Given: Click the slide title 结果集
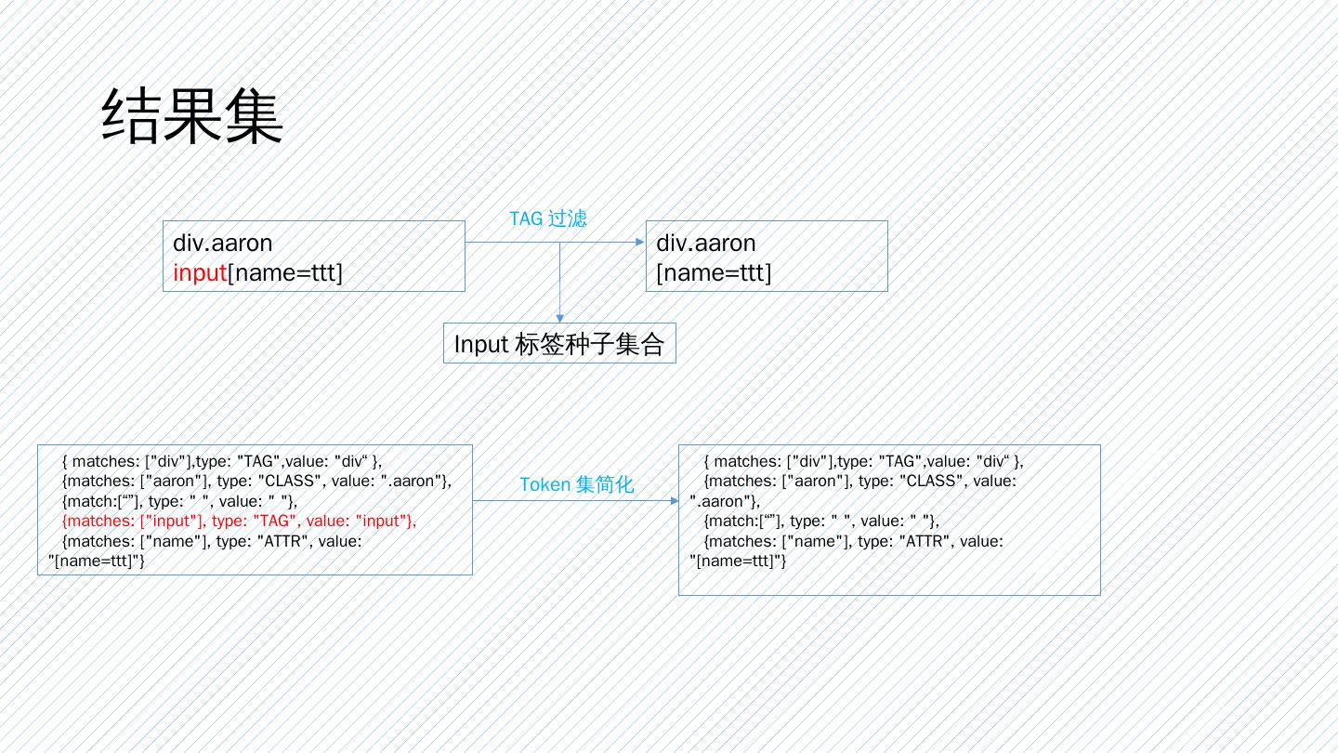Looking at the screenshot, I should pos(191,117).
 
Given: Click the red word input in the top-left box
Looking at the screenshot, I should pos(200,273).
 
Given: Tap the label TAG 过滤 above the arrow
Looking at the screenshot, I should pos(547,218).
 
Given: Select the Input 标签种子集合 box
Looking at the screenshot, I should pos(559,344).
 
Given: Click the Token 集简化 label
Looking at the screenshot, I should pos(576,484).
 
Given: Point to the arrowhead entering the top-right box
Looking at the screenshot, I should pos(639,243).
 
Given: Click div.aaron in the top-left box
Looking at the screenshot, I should pos(223,244).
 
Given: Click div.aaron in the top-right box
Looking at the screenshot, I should pos(706,244).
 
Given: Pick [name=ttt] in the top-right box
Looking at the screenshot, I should pos(714,273).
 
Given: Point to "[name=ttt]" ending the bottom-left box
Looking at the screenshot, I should pos(96,561).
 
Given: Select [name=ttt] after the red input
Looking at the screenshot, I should pos(285,273).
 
